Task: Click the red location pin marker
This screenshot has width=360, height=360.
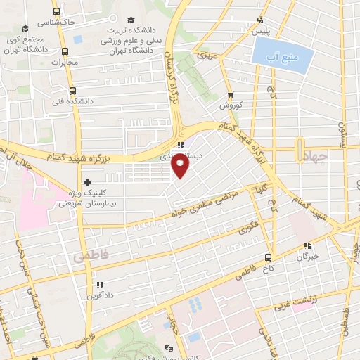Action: tap(181, 166)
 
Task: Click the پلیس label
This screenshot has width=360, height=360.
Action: tap(261, 32)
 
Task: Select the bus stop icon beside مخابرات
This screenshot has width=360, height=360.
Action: tap(66, 51)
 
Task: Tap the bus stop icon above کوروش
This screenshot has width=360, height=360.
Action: tap(231, 96)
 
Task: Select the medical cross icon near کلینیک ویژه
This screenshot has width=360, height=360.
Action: tap(86, 182)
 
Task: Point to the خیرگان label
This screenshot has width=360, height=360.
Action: tap(308, 256)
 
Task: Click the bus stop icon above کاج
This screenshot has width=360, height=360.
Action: tap(268, 257)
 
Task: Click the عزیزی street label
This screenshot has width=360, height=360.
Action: tap(203, 53)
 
